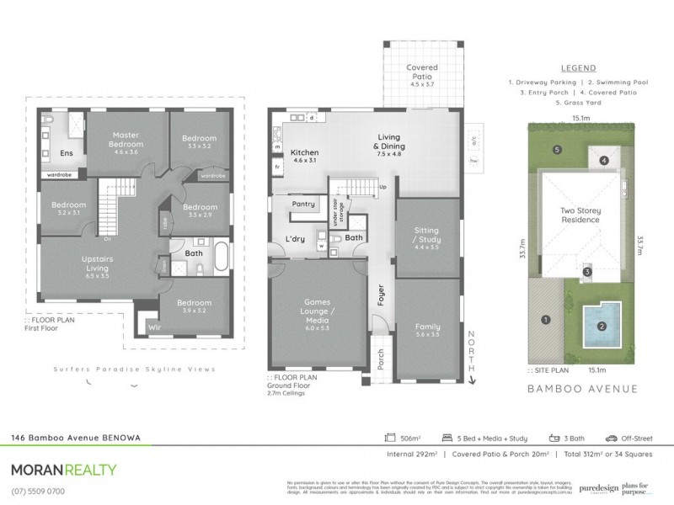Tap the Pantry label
[x=303, y=204]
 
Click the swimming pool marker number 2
[x=602, y=327]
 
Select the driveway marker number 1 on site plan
[x=545, y=320]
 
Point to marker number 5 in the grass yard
[x=558, y=150]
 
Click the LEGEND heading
[x=578, y=68]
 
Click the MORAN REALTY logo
[x=63, y=470]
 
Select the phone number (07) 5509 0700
[x=38, y=491]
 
